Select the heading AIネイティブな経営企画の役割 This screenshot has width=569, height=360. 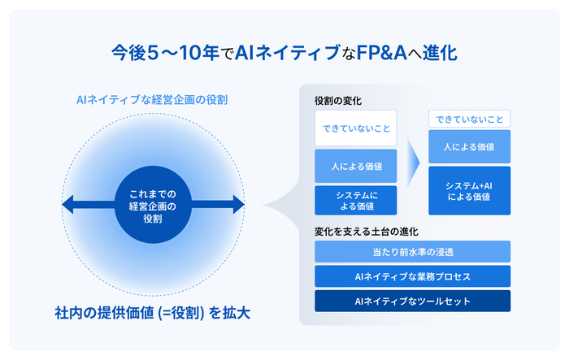point(151,100)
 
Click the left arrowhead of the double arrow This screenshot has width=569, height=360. point(67,204)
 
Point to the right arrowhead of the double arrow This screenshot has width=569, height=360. point(238,204)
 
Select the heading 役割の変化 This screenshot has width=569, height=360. point(337,101)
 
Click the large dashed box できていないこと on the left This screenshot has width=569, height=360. point(356,128)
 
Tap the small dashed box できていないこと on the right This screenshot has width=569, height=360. point(470,119)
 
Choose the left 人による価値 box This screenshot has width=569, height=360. point(356,166)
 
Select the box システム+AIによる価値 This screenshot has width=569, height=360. point(470,191)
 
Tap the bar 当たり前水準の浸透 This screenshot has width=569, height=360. point(412,252)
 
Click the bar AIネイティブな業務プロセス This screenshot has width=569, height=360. point(412,276)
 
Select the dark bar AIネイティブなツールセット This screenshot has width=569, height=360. point(412,301)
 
